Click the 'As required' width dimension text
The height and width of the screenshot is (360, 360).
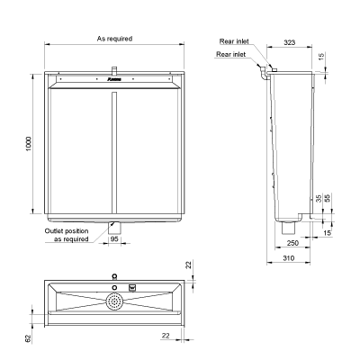tap(114, 39)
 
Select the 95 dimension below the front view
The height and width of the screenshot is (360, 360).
tap(114, 252)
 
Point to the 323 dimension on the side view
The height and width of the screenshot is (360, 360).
tap(291, 42)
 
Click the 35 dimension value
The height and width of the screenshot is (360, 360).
tap(318, 199)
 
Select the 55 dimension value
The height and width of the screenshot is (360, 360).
tap(327, 199)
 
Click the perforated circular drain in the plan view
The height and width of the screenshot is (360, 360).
tap(114, 301)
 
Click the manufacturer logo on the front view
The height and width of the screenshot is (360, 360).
tap(114, 81)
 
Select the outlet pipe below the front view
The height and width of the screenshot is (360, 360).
tap(114, 231)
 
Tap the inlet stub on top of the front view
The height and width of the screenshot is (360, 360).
tap(114, 70)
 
